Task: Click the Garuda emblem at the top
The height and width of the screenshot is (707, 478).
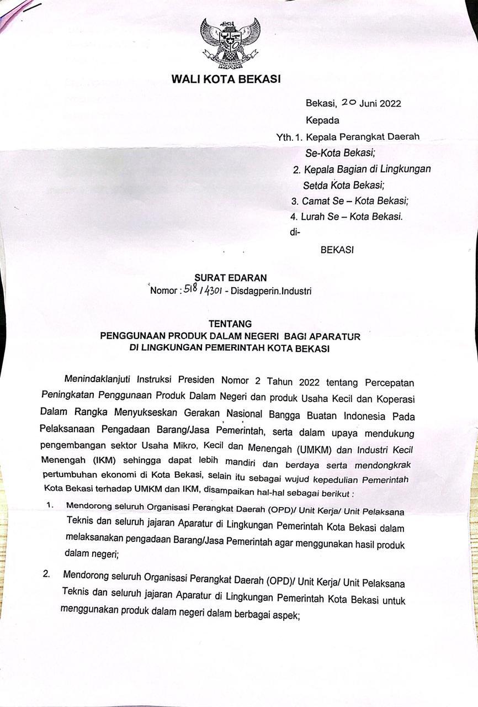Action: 230,41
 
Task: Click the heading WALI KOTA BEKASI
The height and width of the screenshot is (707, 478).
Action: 226,79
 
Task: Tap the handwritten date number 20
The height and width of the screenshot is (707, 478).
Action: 349,103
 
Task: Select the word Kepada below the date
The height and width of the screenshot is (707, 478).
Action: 323,120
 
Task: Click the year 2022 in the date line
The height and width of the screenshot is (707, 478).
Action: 390,103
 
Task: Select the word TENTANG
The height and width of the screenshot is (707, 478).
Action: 230,324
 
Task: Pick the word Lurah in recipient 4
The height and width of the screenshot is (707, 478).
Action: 312,217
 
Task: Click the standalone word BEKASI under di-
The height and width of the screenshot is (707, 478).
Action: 337,250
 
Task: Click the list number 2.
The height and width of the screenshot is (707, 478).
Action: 47,574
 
